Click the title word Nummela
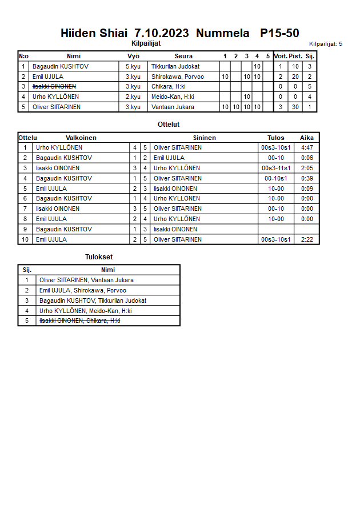tap(222, 33)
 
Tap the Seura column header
tap(183, 56)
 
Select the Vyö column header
tap(133, 56)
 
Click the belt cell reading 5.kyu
tap(133, 66)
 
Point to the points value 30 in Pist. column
tap(295, 107)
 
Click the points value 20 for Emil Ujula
tap(295, 77)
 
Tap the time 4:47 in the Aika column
tap(307, 147)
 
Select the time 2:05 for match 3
tap(307, 168)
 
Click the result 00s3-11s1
tap(276, 168)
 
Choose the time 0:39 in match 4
tap(307, 178)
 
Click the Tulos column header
tap(275, 138)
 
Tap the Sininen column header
tap(204, 138)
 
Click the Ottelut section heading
tap(169, 124)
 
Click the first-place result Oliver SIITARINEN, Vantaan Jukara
tap(86, 280)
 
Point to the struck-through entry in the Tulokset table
tap(79, 320)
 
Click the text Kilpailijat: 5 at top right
tap(325, 43)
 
